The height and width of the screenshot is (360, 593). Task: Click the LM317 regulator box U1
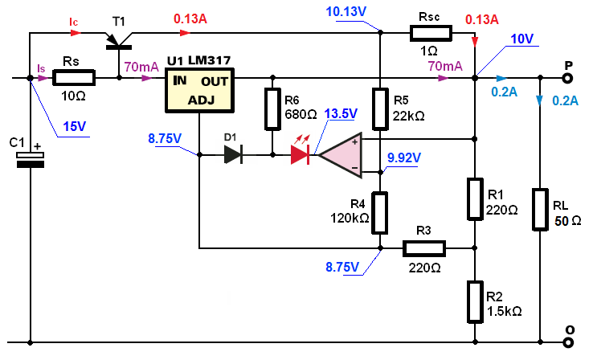(x=200, y=90)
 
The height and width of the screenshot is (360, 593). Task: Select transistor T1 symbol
(x=118, y=41)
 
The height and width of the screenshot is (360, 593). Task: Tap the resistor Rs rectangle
(x=73, y=78)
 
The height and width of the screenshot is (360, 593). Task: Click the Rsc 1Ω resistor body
(x=431, y=33)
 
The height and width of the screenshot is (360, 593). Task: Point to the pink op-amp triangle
(x=341, y=154)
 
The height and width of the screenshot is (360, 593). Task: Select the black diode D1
(x=233, y=154)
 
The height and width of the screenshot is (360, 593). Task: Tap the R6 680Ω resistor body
(x=272, y=109)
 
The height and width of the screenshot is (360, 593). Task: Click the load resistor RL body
(x=540, y=210)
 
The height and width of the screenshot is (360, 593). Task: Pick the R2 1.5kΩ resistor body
(x=475, y=302)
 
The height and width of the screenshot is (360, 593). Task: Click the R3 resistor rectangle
(x=423, y=248)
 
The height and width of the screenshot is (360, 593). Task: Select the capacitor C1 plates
(x=30, y=160)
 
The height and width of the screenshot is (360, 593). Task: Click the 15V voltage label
(x=74, y=126)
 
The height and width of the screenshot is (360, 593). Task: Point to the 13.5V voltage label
(x=341, y=113)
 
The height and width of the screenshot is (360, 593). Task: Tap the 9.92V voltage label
(x=404, y=157)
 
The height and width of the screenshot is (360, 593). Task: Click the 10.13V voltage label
(x=346, y=12)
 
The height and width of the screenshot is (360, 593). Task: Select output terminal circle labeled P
(x=567, y=78)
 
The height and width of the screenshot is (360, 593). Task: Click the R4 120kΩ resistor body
(x=380, y=213)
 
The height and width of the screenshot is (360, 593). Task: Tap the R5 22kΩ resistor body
(x=380, y=109)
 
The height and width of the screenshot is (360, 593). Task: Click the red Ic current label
(x=73, y=22)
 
